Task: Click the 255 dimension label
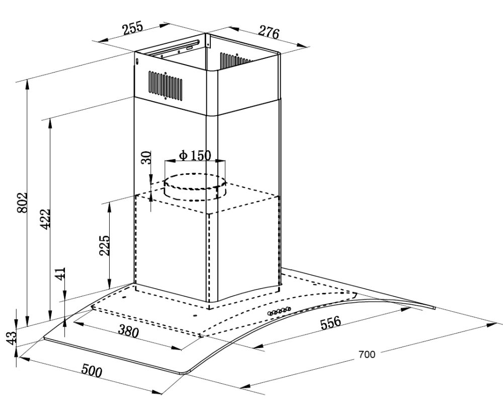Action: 132,29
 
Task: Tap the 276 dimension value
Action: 269,32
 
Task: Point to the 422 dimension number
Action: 45,219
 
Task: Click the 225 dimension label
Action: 104,245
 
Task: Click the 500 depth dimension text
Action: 92,370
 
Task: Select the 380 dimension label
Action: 128,331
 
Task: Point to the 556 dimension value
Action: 330,322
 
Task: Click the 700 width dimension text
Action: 367,355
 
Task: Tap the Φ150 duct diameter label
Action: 195,156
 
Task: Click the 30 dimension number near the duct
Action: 146,157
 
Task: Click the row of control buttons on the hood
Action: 279,311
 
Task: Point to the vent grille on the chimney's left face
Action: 165,85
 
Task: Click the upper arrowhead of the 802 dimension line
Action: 28,84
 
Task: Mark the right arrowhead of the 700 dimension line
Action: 492,325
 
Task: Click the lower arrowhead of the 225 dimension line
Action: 109,283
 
